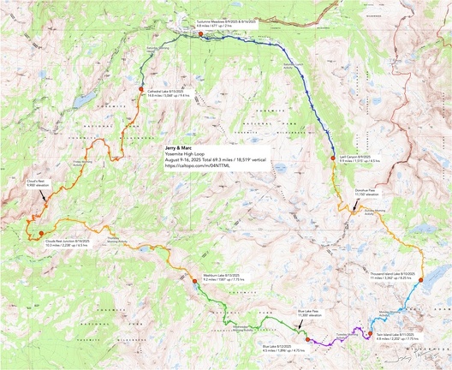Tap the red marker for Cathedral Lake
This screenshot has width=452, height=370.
click(x=141, y=88)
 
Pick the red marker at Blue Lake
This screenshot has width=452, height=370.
click(x=309, y=339)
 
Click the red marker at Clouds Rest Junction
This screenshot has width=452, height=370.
click(x=40, y=233)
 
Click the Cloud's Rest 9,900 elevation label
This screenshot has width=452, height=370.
click(x=46, y=183)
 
